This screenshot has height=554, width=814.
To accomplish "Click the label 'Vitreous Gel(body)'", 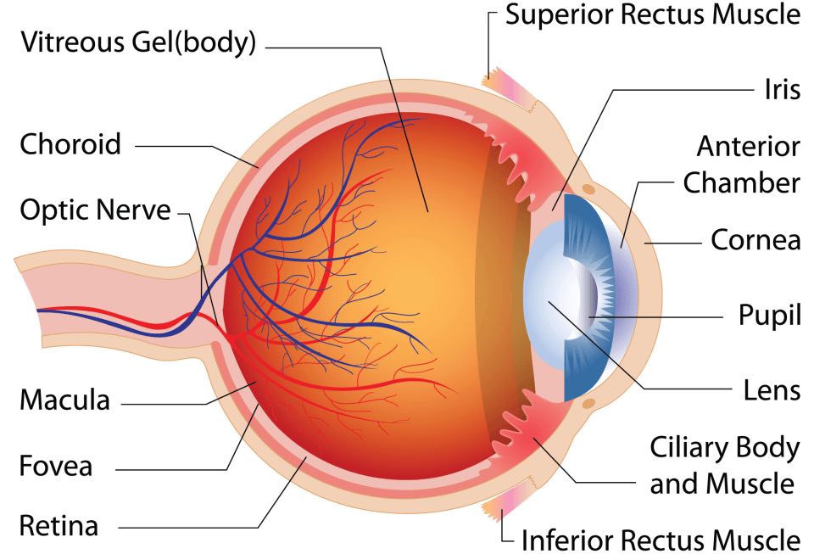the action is click(x=138, y=42).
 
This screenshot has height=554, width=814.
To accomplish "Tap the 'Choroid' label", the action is click(x=70, y=144).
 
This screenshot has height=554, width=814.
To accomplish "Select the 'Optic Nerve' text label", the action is click(x=95, y=210).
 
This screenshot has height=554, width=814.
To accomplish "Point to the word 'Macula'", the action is click(x=64, y=400).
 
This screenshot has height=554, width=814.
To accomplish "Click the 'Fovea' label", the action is click(x=56, y=465).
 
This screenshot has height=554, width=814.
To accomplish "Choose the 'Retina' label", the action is click(x=59, y=525).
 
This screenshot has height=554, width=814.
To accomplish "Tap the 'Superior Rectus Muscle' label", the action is click(x=653, y=14).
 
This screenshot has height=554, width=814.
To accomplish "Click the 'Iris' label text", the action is click(x=782, y=89).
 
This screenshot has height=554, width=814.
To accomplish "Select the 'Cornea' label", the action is click(x=755, y=239).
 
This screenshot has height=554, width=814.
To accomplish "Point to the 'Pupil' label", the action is click(x=770, y=315).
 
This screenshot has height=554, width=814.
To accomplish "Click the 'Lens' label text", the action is click(x=772, y=390).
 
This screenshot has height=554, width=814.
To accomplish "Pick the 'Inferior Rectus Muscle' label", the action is click(x=661, y=540).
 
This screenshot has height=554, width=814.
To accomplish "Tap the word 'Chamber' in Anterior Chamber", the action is click(x=741, y=182).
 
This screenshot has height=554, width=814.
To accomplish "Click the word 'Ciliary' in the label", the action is click(x=686, y=448).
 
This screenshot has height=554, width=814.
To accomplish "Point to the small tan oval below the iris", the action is click(x=588, y=403).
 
